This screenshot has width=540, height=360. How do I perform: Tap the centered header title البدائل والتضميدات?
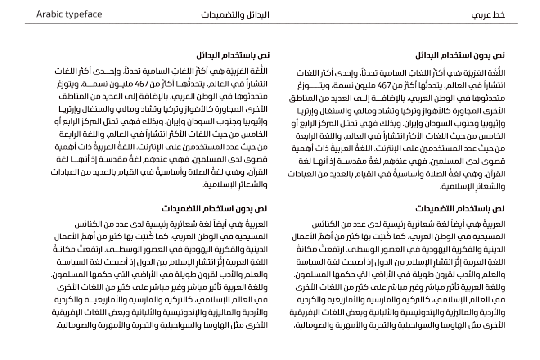(235, 14)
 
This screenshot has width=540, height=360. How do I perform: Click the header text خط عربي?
(488, 14)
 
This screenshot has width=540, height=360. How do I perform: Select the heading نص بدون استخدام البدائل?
(460, 55)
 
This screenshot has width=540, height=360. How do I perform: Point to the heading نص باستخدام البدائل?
(233, 55)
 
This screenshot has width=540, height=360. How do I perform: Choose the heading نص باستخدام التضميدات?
(459, 208)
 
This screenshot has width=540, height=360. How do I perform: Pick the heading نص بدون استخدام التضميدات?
(214, 208)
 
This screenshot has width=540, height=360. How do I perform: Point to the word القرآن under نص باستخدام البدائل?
(258, 172)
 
